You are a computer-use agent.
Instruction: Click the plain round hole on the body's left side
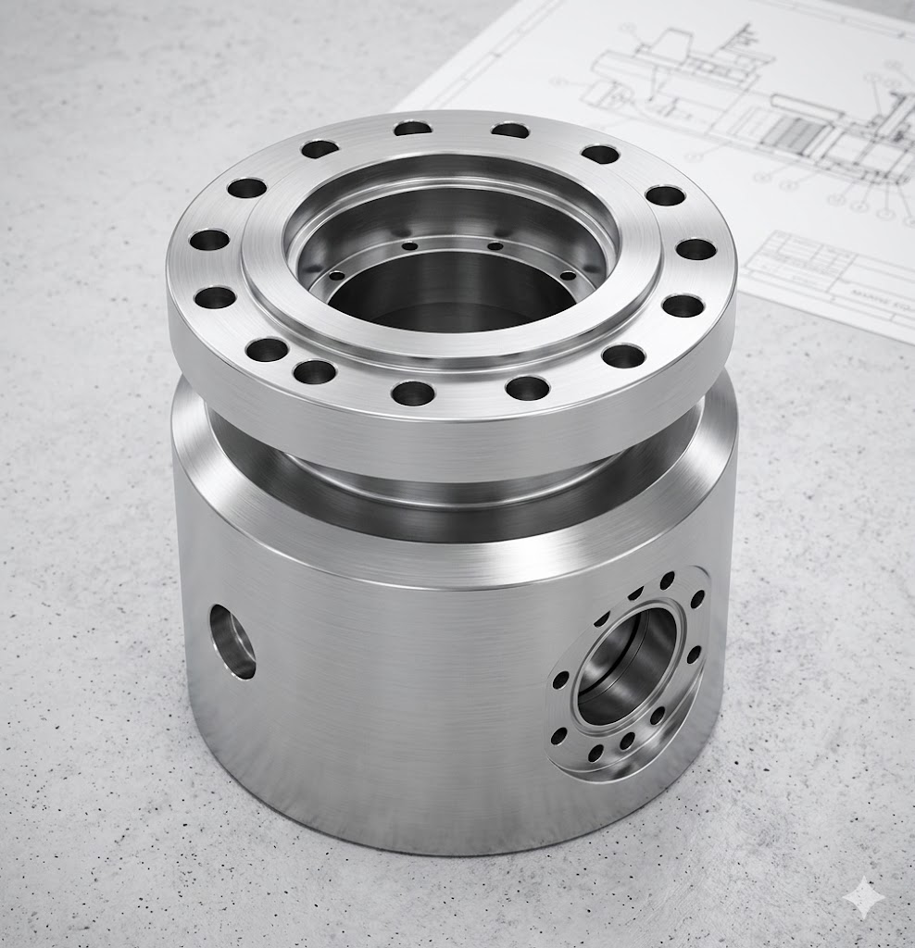click(232, 641)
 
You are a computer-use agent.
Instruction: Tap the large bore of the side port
click(627, 665)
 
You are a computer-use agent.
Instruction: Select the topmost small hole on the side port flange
click(667, 580)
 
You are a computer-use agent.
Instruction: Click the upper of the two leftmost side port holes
click(560, 680)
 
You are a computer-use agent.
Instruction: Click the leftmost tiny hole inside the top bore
click(336, 275)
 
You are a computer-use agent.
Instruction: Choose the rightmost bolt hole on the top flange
click(696, 249)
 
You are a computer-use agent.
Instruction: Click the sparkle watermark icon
click(863, 897)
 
